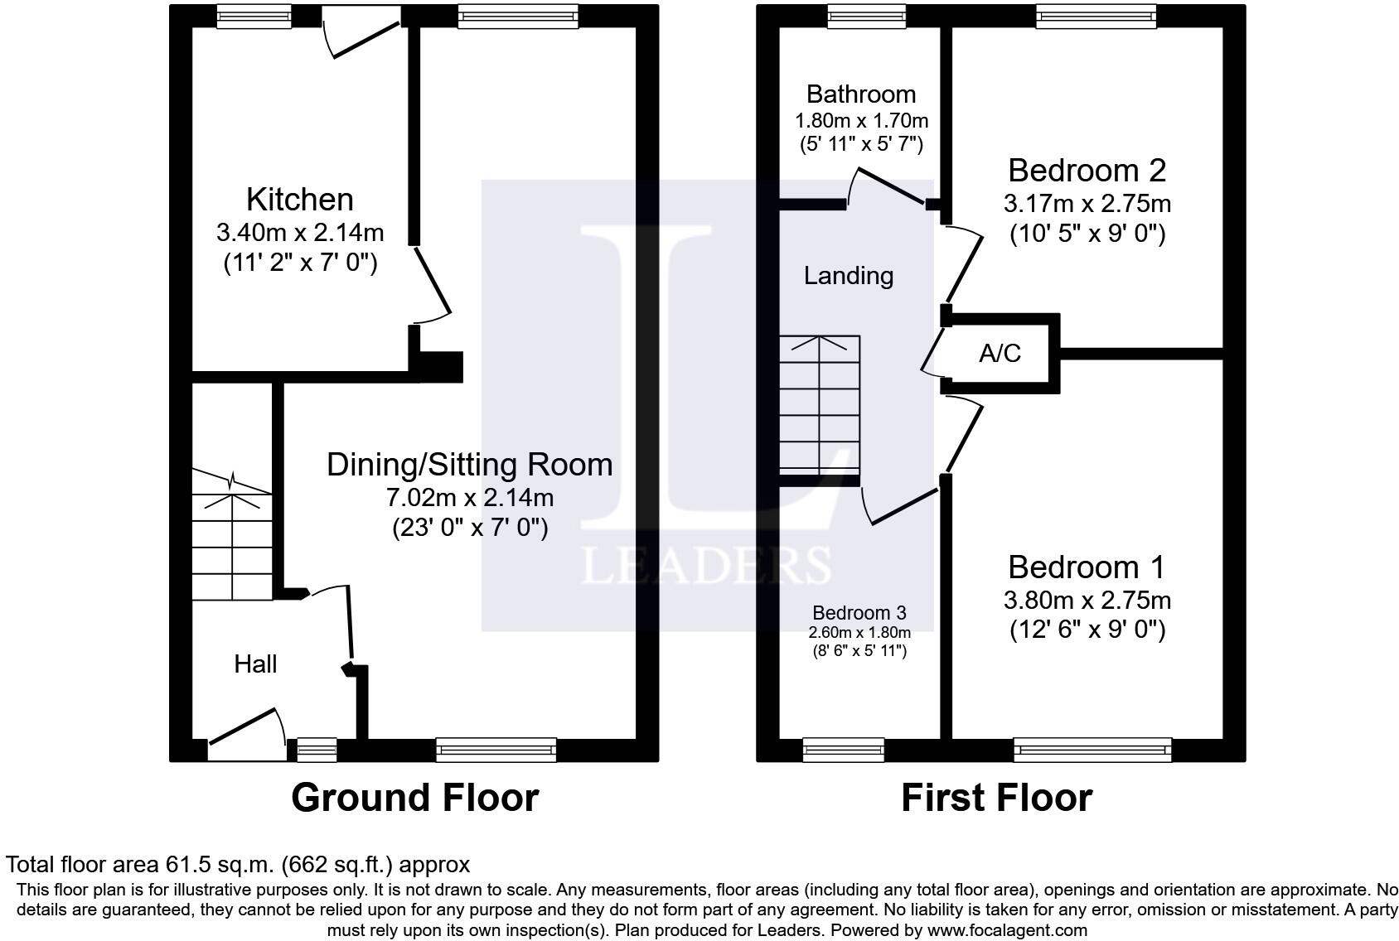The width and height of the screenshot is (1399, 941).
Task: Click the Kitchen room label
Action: click(300, 200)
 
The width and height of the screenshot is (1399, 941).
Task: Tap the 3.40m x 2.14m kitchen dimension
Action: click(300, 233)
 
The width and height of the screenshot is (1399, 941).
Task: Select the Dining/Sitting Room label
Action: click(470, 465)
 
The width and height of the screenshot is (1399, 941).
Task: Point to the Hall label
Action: click(255, 664)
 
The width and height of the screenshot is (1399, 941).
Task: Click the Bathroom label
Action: click(861, 94)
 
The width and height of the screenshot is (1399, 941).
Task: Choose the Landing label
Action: click(848, 276)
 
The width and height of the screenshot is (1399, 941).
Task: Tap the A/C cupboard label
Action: click(1000, 354)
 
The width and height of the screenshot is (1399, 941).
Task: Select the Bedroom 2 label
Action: click(1087, 171)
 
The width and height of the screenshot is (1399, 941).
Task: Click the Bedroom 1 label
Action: click(1087, 567)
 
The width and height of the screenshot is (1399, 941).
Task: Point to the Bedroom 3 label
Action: click(859, 612)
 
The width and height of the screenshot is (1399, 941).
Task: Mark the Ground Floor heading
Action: click(415, 798)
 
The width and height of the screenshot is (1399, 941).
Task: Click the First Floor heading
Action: click(997, 798)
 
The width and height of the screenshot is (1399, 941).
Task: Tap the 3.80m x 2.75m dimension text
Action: click(1087, 601)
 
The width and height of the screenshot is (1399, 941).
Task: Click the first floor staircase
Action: click(820, 405)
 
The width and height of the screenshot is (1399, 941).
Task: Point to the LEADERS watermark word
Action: click(706, 565)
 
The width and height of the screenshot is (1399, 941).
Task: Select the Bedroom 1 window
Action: click(1093, 750)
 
